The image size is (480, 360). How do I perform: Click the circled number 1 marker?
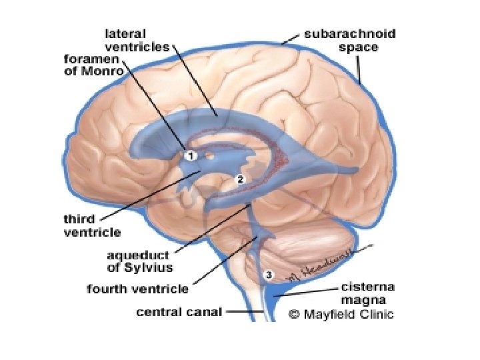tap(191, 155)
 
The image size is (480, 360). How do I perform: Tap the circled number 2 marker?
tap(241, 179)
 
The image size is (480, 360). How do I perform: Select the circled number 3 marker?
tap(269, 274)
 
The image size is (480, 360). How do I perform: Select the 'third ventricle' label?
tap(92, 225)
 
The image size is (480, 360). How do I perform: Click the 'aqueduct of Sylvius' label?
tap(141, 261)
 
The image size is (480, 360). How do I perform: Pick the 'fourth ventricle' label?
tap(138, 289)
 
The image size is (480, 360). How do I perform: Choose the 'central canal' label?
tap(178, 311)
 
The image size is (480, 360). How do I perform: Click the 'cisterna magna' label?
tap(368, 293)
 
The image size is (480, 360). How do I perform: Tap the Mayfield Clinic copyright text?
tap(341, 314)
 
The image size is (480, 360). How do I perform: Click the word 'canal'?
tap(204, 311)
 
